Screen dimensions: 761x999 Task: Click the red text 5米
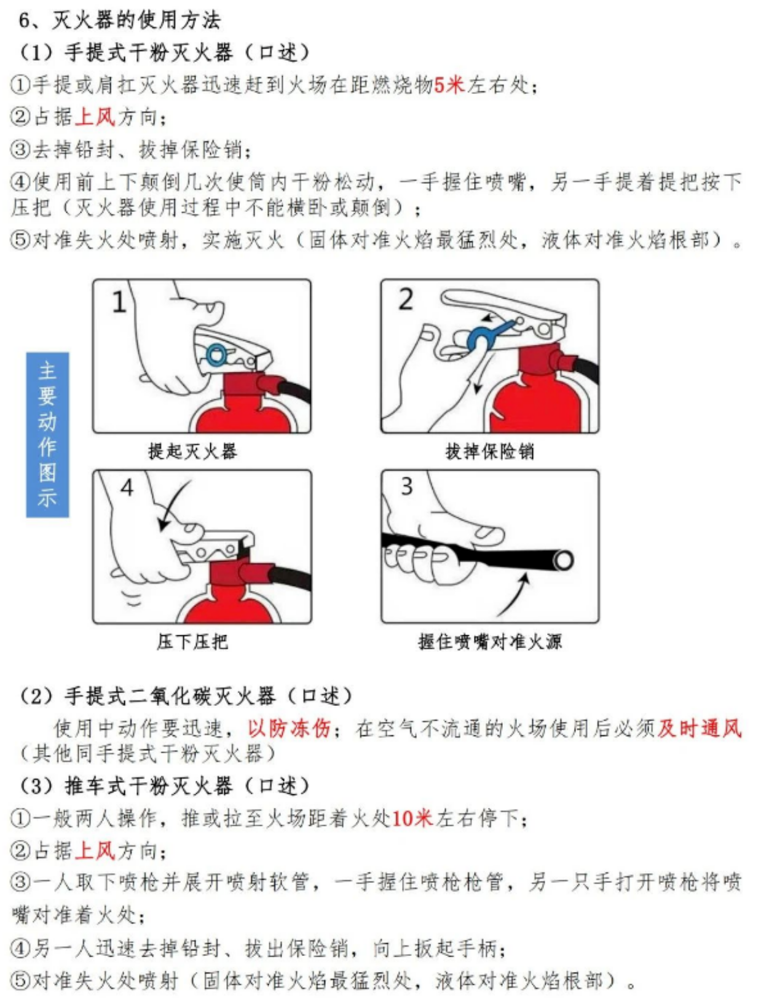[449, 85]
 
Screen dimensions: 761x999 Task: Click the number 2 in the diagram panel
[406, 299]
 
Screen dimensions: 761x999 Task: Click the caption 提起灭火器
[192, 452]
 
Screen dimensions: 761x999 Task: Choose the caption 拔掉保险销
[490, 452]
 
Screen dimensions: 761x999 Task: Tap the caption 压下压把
[192, 641]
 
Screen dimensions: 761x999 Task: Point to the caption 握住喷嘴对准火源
[490, 641]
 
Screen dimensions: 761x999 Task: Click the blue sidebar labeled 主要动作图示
[47, 434]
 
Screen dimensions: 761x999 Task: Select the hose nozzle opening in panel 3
[563, 560]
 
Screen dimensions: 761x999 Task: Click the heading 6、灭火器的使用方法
[120, 20]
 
